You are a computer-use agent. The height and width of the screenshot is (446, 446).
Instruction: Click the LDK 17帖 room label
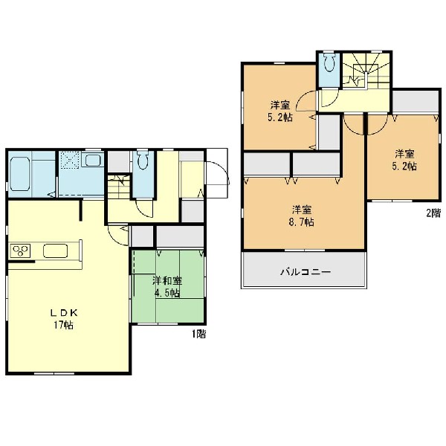pos(64,319)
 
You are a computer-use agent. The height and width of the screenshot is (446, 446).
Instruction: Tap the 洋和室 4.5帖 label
pos(167,287)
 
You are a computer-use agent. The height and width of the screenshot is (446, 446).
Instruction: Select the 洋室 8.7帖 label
pos(302,216)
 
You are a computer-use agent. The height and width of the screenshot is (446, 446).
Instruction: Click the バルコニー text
pos(306,272)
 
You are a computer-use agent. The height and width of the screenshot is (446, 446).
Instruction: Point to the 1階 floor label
pos(198,334)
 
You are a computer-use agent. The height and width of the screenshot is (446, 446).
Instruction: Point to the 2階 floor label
pos(433,213)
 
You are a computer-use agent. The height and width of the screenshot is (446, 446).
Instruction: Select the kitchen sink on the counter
pos(56,251)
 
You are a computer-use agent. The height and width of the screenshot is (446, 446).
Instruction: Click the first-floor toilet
pos(143,160)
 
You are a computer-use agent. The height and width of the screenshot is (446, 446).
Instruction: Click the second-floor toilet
pos(330,62)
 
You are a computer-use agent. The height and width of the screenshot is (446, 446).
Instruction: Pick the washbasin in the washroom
pos(93,160)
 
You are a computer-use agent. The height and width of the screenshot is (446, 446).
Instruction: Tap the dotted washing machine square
pos(69,160)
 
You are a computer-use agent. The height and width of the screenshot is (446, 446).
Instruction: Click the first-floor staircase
pos(118,187)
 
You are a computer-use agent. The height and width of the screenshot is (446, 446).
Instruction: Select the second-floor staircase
pos(366,71)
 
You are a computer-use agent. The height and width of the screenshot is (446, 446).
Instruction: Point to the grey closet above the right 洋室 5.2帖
pos(416,101)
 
